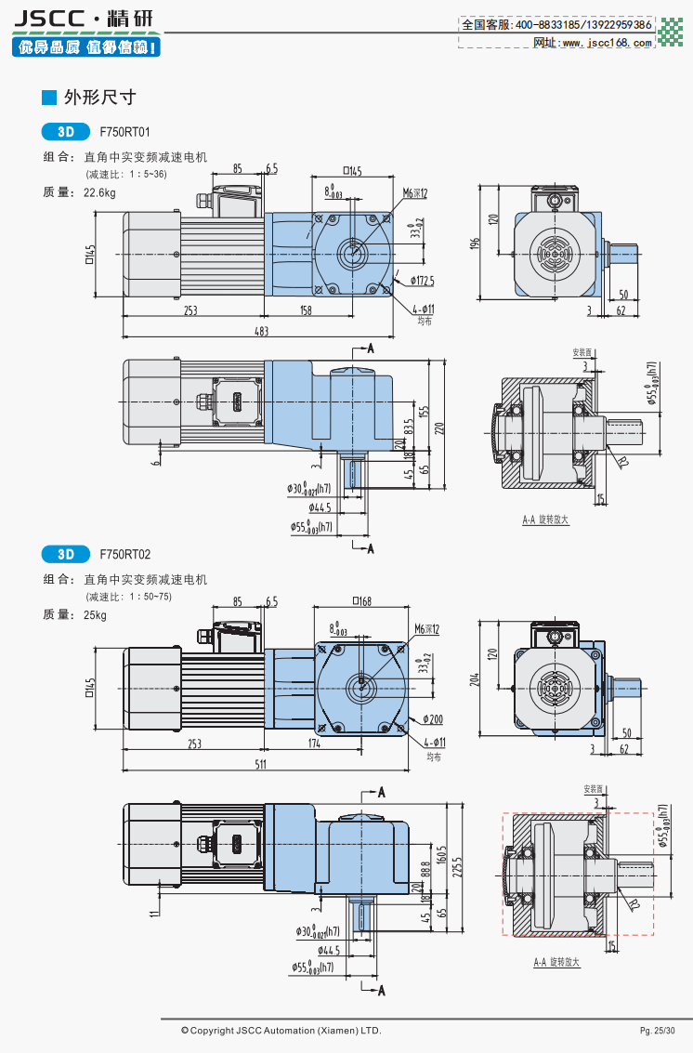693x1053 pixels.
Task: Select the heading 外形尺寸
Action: click(x=99, y=97)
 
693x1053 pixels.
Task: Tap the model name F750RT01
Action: click(x=124, y=133)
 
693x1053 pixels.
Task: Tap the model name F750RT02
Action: click(x=124, y=555)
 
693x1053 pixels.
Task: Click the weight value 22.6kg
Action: click(x=99, y=192)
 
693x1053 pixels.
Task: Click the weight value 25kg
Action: click(x=95, y=614)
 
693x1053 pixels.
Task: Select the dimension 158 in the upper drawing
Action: click(x=305, y=310)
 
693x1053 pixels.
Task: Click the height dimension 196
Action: click(x=475, y=243)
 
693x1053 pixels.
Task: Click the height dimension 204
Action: click(x=476, y=678)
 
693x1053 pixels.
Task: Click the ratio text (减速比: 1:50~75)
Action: click(x=130, y=597)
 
